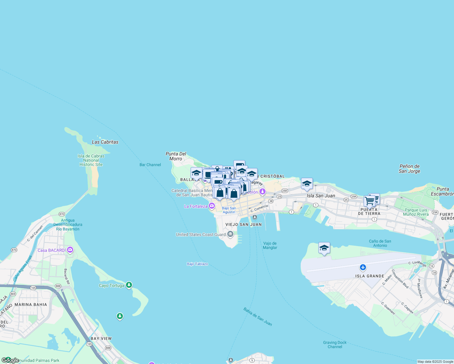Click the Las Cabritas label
pos(105,142)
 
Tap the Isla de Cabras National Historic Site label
pos(91,160)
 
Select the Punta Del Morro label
pos(176,156)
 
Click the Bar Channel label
pos(150,165)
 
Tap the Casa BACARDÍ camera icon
pos(70,250)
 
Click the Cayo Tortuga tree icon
pos(129,285)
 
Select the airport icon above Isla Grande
pos(363,268)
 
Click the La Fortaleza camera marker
pos(212,206)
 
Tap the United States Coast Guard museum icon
pos(230,234)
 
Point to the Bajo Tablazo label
pos(197,264)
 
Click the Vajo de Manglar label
pos(270,245)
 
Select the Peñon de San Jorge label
pos(409,169)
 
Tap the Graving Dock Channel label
pos(335,345)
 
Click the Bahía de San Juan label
pos(258,317)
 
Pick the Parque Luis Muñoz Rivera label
pos(416,212)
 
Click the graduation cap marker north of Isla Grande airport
pos(324,248)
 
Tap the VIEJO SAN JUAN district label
pos(243,224)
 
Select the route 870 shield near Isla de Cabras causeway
pos(62,214)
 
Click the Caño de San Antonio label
pos(380,243)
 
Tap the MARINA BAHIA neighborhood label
pos(31,305)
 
